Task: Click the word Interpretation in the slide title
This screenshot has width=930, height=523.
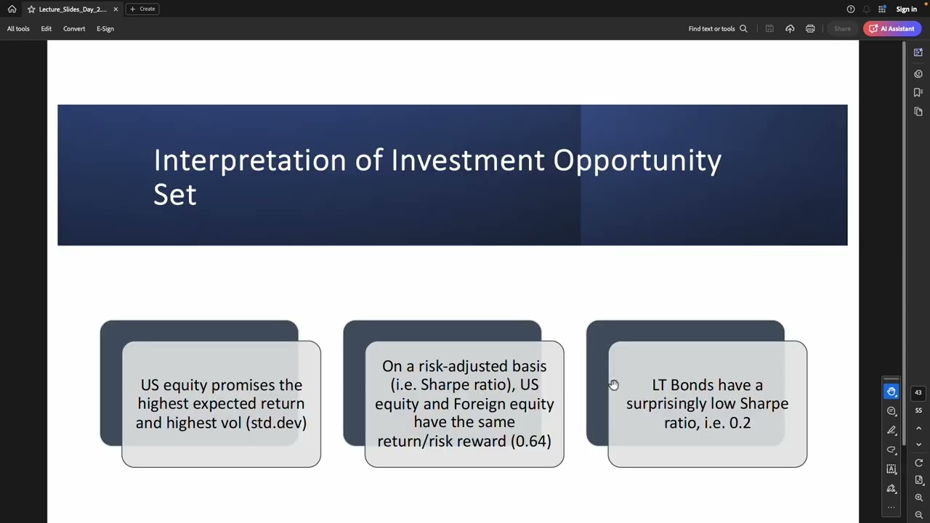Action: coord(249,161)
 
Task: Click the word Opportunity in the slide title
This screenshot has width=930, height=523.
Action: coord(636,161)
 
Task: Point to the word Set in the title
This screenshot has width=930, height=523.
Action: coord(174,195)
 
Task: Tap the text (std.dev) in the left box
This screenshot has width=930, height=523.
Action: coord(278,423)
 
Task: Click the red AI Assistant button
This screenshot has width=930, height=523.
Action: coord(892,29)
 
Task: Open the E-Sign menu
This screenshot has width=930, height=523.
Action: coord(105,29)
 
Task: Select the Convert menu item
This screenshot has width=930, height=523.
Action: coord(73,29)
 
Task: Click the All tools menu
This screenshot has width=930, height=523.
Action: coord(18,29)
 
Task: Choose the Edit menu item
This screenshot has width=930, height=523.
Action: coord(46,29)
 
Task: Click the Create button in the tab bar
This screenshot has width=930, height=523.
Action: coord(142,9)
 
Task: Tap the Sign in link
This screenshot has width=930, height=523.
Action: coord(906,9)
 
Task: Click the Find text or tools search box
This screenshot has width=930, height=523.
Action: coord(716,29)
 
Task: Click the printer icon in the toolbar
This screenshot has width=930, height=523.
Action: coord(810,29)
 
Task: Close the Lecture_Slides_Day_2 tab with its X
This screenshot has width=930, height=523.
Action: coord(115,9)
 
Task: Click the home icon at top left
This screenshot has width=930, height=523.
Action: coord(12,9)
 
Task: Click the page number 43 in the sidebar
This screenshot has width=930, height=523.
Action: coord(918,393)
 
